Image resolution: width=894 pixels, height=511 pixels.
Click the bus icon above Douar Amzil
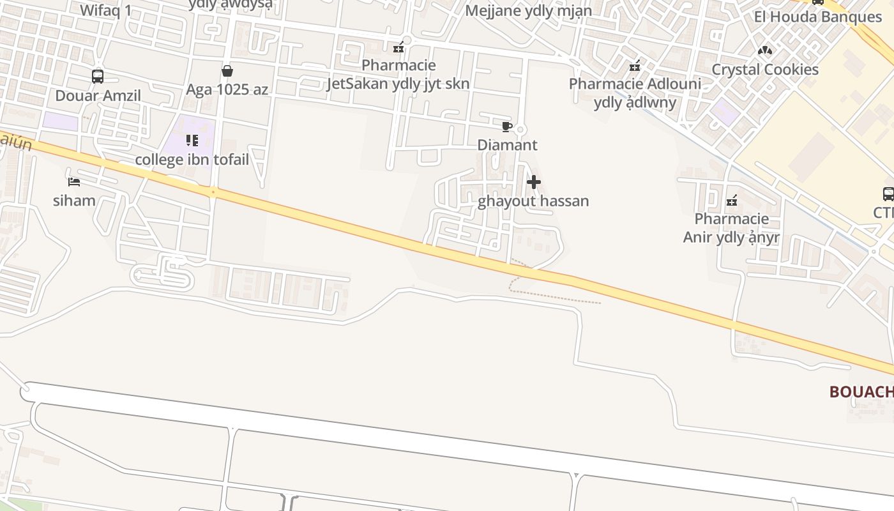[x=98, y=77]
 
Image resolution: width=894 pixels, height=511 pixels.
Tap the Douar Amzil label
[x=98, y=96]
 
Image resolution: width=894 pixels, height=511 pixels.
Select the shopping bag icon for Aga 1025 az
[x=227, y=71]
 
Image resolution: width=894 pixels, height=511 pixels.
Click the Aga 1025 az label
[x=227, y=89]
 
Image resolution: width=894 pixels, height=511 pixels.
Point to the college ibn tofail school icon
[x=192, y=141]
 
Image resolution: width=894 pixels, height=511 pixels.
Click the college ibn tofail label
[x=192, y=159]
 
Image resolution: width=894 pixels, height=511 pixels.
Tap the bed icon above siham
[x=74, y=182]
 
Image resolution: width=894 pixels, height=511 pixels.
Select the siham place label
[x=74, y=201]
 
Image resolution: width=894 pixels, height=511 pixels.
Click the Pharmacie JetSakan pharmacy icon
[x=398, y=47]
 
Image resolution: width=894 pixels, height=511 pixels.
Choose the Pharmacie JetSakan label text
[x=398, y=74]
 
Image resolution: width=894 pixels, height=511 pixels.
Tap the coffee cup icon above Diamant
[x=507, y=126]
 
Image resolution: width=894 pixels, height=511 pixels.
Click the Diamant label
[x=507, y=145]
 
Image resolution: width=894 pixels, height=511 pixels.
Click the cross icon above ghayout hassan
[x=533, y=183]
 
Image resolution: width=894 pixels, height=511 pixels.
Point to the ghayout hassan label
[x=533, y=201]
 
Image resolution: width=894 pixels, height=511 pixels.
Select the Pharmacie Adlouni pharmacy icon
[x=635, y=66]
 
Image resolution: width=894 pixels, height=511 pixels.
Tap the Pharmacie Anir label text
[x=731, y=228]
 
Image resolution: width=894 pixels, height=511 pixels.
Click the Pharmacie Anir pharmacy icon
[x=732, y=201]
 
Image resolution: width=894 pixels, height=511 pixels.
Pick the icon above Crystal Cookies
[x=765, y=50]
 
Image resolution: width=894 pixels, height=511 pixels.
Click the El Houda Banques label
[x=817, y=17]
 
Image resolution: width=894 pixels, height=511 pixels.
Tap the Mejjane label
[x=528, y=11]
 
